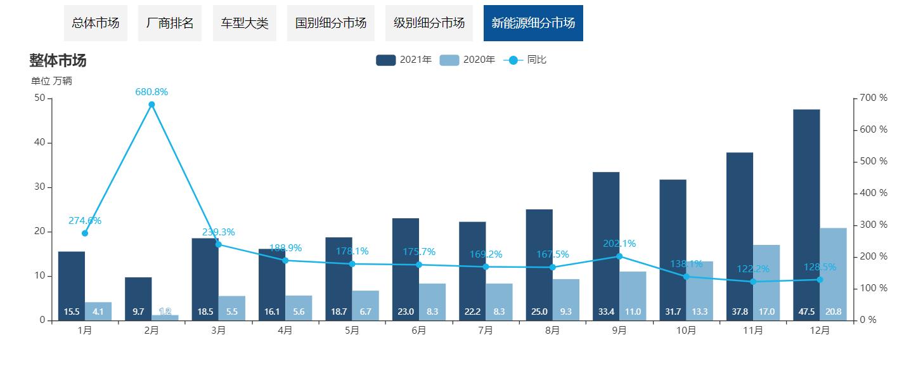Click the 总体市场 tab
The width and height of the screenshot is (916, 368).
pyautogui.click(x=96, y=23)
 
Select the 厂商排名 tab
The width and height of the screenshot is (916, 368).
pyautogui.click(x=170, y=23)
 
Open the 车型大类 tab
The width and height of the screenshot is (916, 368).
pyautogui.click(x=245, y=23)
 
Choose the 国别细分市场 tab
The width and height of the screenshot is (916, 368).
pyautogui.click(x=331, y=23)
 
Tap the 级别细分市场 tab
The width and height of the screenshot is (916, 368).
pyautogui.click(x=429, y=23)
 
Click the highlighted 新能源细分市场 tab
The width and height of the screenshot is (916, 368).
pyautogui.click(x=533, y=23)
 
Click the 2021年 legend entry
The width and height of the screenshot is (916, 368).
pyautogui.click(x=404, y=60)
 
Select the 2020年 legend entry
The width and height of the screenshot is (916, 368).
pyautogui.click(x=468, y=60)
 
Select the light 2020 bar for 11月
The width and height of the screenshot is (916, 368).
pyautogui.click(x=766, y=282)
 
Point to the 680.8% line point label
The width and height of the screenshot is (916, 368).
pyautogui.click(x=152, y=92)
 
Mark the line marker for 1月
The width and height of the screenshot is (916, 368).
pyautogui.click(x=85, y=233)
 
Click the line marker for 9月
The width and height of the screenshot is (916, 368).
pyautogui.click(x=619, y=256)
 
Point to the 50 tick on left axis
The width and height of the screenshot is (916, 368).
pyautogui.click(x=39, y=98)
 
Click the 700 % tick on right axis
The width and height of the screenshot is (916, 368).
pyautogui.click(x=874, y=98)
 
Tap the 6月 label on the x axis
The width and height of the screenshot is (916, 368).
pyautogui.click(x=419, y=331)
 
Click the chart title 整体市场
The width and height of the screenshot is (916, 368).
pyautogui.click(x=58, y=61)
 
